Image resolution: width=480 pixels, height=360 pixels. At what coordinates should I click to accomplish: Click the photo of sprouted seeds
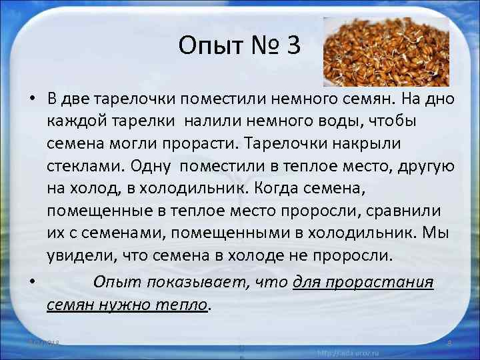[376, 52]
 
